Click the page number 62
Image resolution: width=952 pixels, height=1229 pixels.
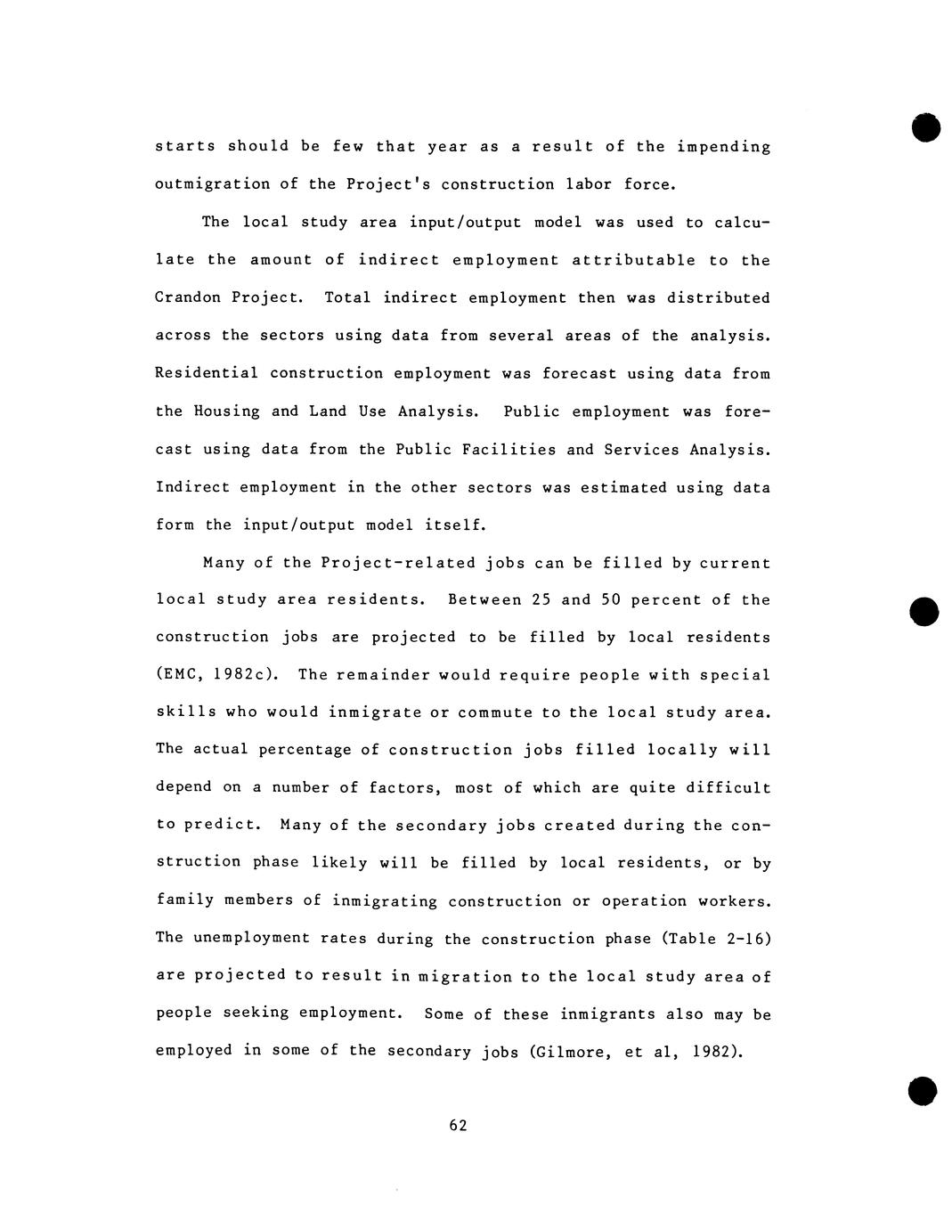[x=458, y=1126]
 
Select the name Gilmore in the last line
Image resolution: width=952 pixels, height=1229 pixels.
[x=567, y=1052]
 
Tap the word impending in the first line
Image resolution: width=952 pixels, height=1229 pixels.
[x=723, y=147]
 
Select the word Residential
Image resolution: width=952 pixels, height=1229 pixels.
[x=207, y=373]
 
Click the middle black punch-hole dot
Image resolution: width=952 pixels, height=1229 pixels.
[x=925, y=612]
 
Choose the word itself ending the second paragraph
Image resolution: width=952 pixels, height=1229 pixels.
[x=455, y=525]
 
